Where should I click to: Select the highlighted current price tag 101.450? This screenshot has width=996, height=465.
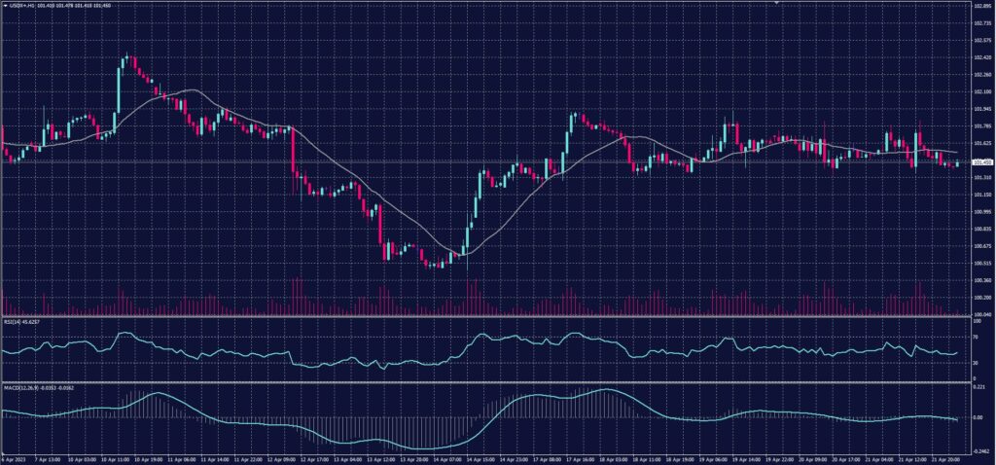tap(981, 162)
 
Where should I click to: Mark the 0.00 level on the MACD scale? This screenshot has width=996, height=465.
tap(978, 417)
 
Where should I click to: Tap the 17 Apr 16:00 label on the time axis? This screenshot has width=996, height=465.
tap(575, 459)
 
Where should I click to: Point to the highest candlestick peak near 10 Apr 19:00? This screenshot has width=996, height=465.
tap(125, 57)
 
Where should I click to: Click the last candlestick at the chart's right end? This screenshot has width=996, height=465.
tap(957, 163)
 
